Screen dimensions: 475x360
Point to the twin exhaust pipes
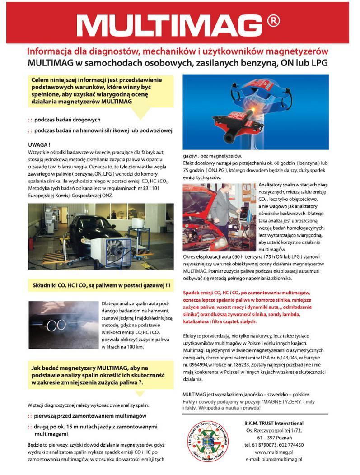pos(56,325)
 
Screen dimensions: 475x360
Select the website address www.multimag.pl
pos(274,452)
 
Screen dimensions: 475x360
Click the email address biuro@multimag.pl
pos(274,459)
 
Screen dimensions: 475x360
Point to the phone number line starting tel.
pos(274,444)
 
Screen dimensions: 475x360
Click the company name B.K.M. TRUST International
pos(274,423)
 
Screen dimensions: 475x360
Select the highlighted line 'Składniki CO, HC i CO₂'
pos(102,285)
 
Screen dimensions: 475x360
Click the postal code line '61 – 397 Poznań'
pos(274,438)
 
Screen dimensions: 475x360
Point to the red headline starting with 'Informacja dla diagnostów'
pos(178,51)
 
